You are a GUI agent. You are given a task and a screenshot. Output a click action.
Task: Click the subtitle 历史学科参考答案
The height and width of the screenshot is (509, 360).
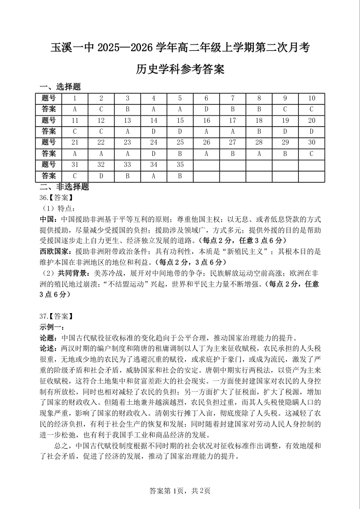pyautogui.click(x=180, y=69)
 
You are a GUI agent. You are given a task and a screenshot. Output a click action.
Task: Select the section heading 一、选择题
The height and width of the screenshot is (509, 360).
pyautogui.click(x=60, y=87)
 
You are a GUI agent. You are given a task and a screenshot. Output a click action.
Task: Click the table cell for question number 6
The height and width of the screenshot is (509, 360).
pyautogui.click(x=206, y=98)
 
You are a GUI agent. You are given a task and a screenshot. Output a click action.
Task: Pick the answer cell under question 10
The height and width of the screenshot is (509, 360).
pyautogui.click(x=311, y=109)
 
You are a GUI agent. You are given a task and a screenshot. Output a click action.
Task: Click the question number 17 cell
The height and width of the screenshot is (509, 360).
pyautogui.click(x=233, y=120)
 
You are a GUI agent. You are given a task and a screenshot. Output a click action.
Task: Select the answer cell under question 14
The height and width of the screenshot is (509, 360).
pyautogui.click(x=153, y=131)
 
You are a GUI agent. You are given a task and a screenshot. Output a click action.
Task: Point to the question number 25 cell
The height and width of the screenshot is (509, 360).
pyautogui.click(x=180, y=142)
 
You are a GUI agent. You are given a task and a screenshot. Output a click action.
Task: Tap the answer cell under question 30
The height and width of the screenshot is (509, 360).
pyautogui.click(x=311, y=153)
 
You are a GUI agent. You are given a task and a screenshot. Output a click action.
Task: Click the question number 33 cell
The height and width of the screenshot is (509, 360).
pyautogui.click(x=127, y=164)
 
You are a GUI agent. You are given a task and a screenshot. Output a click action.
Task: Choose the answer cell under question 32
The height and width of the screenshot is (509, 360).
pyautogui.click(x=101, y=176)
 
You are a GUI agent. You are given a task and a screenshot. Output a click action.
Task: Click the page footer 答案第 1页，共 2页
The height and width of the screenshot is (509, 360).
pyautogui.click(x=180, y=491)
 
